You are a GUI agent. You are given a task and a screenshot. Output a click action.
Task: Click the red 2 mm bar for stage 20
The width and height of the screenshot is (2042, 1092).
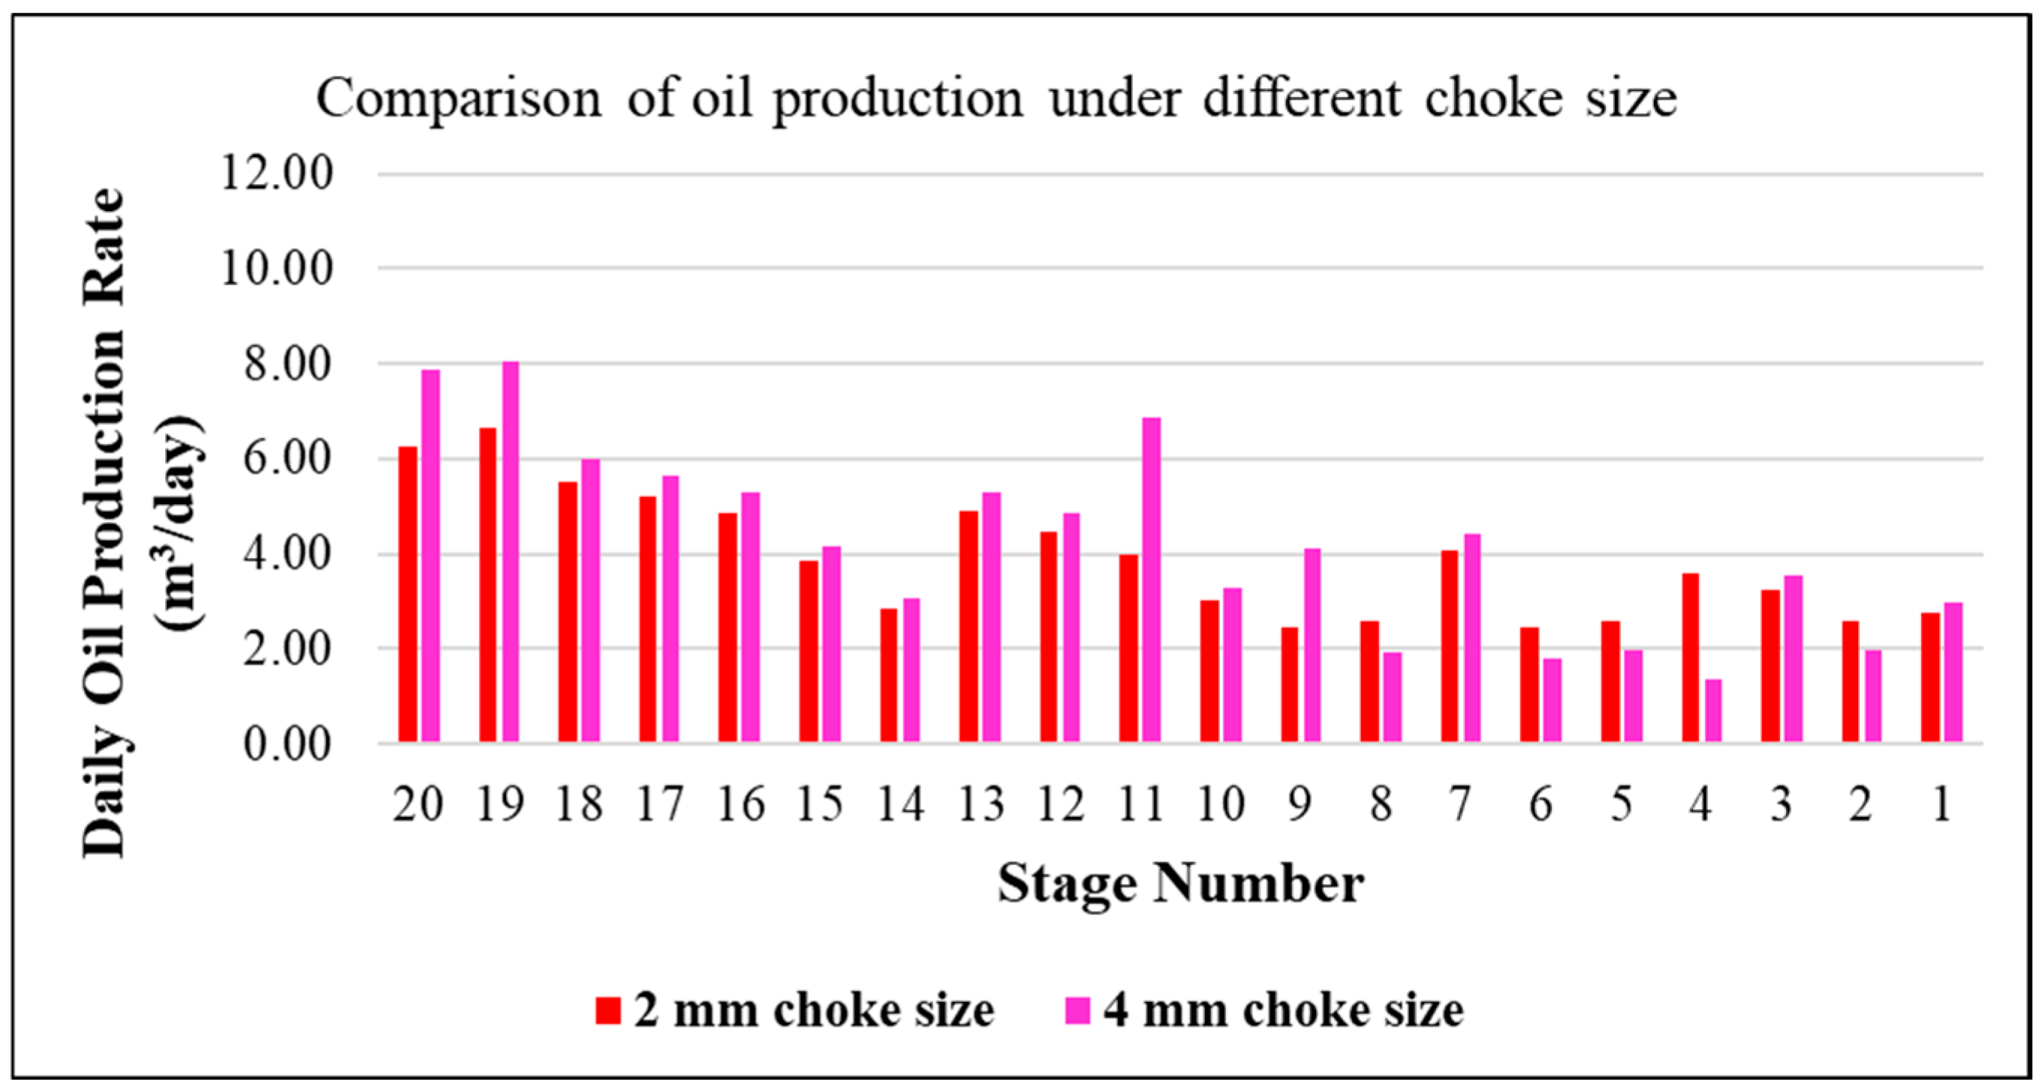[408, 595]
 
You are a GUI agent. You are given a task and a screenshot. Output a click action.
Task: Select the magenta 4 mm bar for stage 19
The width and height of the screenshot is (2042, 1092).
[510, 552]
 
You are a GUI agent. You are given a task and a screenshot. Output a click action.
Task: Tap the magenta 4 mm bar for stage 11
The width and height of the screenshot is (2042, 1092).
[1151, 580]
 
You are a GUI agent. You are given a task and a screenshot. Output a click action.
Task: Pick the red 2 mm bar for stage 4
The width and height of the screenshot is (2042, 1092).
[1690, 657]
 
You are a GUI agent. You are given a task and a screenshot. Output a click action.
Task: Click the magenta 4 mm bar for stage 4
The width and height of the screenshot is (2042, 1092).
[1713, 710]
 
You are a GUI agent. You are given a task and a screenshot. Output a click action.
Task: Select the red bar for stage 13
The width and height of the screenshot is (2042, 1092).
[968, 626]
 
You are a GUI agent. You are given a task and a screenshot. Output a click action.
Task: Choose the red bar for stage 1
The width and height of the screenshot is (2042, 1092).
[1930, 677]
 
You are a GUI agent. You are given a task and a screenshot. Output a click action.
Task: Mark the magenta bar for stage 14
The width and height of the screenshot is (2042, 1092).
[911, 670]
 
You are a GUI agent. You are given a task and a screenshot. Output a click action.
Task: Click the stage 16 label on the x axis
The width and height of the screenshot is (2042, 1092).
[740, 804]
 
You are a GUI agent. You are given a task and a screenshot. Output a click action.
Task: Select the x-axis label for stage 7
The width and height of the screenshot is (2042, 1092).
[1460, 804]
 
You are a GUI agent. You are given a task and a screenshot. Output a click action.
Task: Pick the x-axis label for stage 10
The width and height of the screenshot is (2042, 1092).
[1221, 804]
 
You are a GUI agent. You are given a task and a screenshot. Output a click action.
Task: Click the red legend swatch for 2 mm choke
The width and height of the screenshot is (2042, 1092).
[607, 1010]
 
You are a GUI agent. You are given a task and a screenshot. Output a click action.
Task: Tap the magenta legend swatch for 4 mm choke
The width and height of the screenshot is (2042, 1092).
[1077, 1010]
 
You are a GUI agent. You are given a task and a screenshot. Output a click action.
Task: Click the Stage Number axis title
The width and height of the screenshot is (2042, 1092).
[1180, 883]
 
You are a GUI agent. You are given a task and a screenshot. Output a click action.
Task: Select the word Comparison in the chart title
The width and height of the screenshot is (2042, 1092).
[459, 99]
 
